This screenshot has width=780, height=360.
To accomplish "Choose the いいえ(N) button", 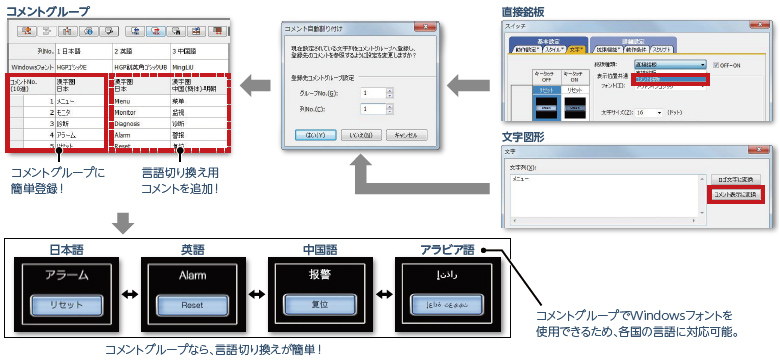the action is click(x=361, y=134).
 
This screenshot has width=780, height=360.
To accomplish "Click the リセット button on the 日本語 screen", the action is click(x=61, y=304).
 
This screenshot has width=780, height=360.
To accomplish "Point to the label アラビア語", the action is click(x=447, y=249).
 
